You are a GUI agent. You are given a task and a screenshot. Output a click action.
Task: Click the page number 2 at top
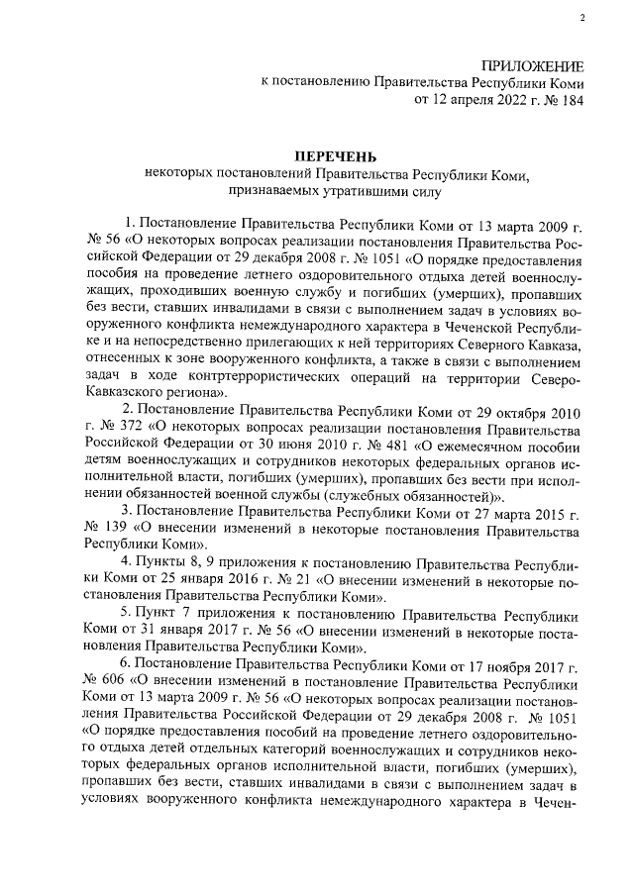pos(582,18)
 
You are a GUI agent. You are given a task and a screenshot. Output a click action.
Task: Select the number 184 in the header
pos(571,100)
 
